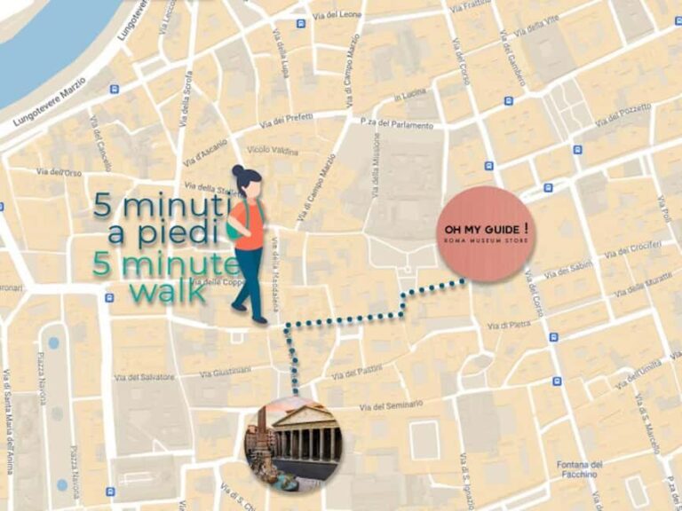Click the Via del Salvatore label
(x=145, y=377)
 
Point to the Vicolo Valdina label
(x=274, y=150)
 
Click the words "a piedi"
(x=163, y=232)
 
